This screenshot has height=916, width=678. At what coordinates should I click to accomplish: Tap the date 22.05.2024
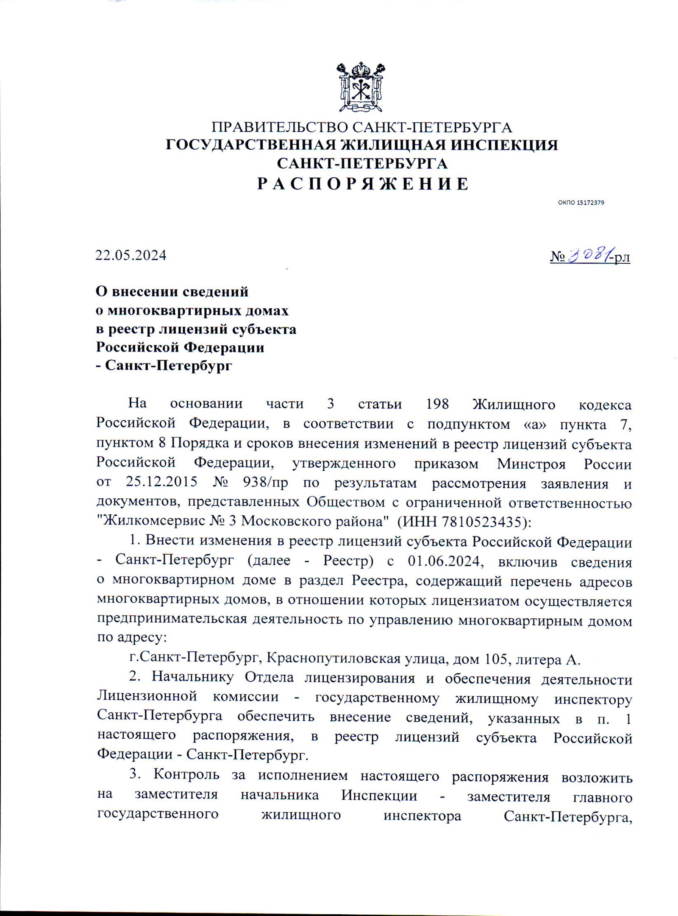pyautogui.click(x=131, y=255)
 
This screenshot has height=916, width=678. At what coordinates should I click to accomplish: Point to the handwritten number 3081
pyautogui.click(x=589, y=255)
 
